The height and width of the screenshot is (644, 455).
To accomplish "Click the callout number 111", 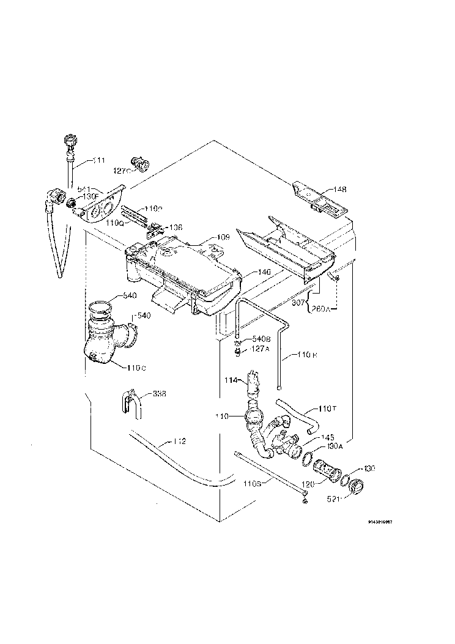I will point(98,160).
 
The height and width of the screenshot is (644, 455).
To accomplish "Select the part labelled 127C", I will point(143,163).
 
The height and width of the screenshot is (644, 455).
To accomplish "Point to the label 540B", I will point(261,338).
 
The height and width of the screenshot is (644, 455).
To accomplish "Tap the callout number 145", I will point(328,437).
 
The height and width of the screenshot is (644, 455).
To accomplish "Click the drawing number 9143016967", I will point(388,522).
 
